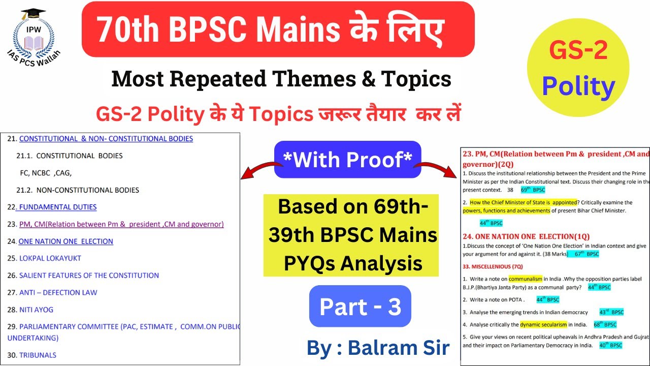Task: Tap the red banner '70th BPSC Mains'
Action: point(278,29)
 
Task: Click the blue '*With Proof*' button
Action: point(347,160)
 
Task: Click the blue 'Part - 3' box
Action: point(360,306)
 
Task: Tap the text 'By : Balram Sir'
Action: point(378,348)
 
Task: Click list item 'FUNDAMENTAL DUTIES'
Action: point(57,207)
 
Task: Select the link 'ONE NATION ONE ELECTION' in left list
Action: point(66,241)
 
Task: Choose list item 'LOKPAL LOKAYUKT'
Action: point(50,258)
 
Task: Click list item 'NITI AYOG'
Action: point(36,310)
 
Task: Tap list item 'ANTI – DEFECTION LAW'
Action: point(58,292)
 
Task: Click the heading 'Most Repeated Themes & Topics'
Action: point(281,79)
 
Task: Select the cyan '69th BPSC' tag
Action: point(533,190)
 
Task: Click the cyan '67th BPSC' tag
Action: point(583,254)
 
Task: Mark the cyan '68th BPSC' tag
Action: point(605,324)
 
